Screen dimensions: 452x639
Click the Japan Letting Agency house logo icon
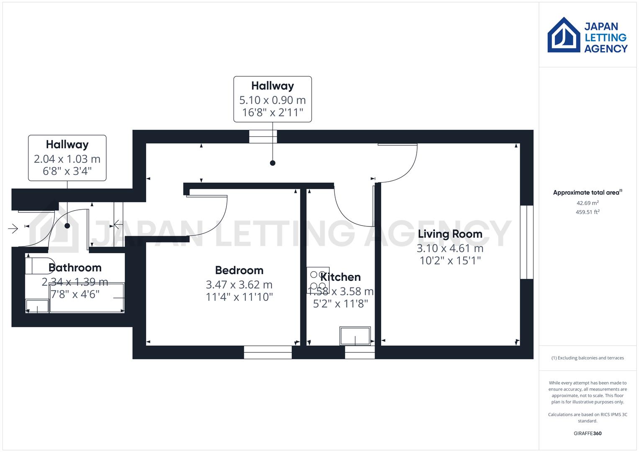[564, 35]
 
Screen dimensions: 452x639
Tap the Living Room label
[450, 234]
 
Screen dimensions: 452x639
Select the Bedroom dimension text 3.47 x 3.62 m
[239, 285]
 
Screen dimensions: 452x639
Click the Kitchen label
[340, 277]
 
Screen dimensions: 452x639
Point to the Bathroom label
[75, 267]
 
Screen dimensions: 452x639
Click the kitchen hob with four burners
[318, 280]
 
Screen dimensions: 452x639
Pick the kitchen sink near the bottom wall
[355, 336]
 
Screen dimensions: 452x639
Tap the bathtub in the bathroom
[87, 298]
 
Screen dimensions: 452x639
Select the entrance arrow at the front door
[13, 229]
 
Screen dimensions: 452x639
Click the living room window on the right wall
[526, 242]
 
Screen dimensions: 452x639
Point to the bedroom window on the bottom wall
[268, 352]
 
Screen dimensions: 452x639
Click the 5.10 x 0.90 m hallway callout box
[272, 99]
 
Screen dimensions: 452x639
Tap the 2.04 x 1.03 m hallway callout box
[67, 158]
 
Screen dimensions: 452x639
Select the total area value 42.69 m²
[588, 203]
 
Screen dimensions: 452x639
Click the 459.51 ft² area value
[588, 212]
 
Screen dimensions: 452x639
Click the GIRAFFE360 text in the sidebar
[588, 433]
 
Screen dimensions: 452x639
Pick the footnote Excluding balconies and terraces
[588, 358]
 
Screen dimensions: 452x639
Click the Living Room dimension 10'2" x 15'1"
[450, 261]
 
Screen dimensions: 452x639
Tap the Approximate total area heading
[587, 193]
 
